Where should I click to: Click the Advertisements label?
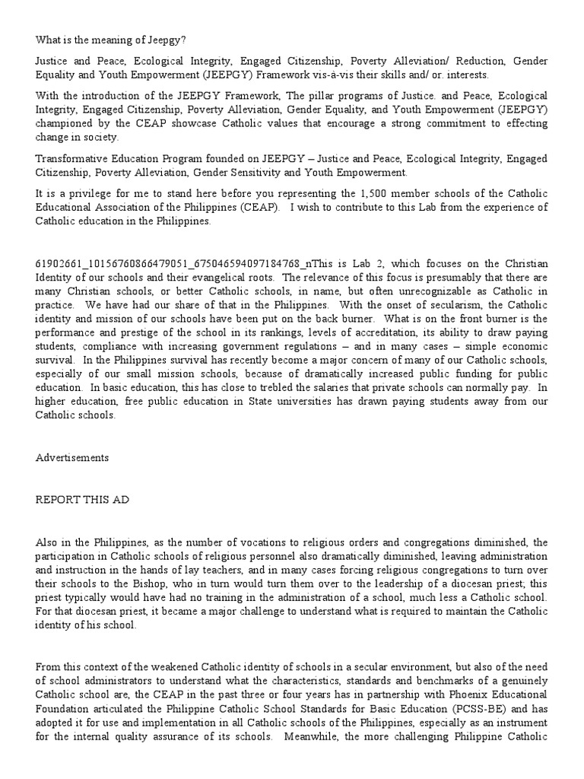[x=72, y=458]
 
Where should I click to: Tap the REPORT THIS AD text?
[x=82, y=500]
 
